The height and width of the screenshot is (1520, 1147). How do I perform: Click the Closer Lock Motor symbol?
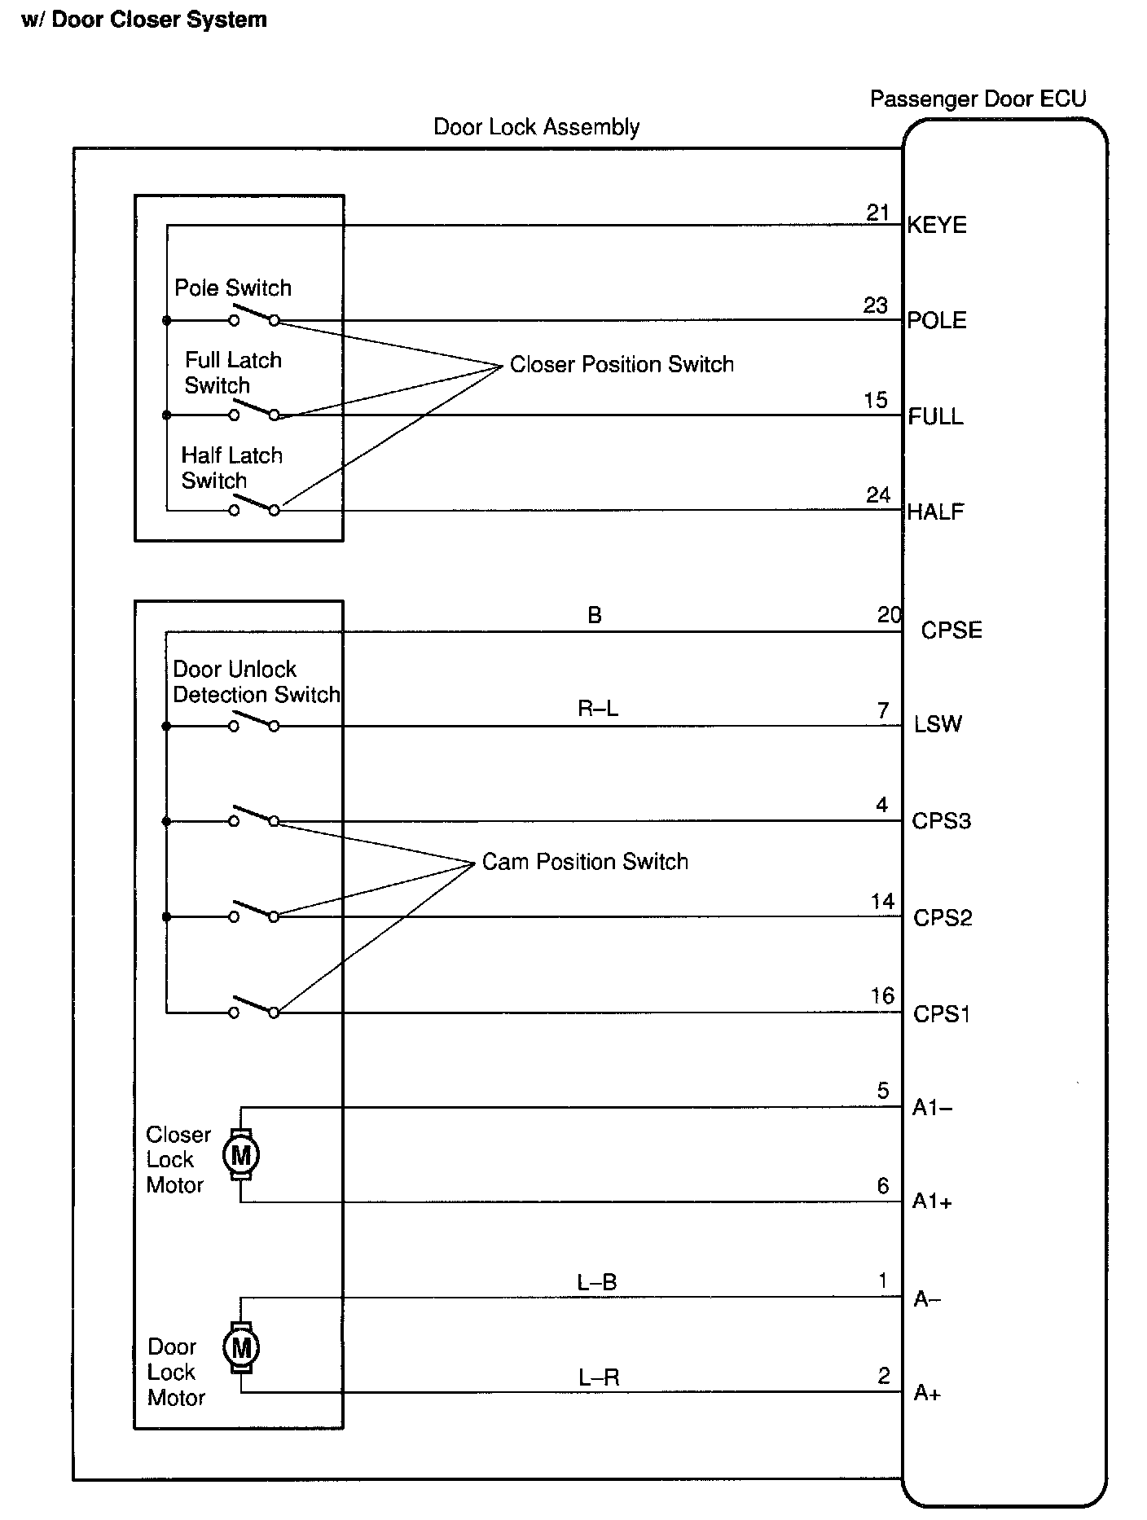pyautogui.click(x=241, y=1154)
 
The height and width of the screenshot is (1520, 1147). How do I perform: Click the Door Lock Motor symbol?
pyautogui.click(x=241, y=1347)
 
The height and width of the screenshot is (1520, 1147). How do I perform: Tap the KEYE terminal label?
pyautogui.click(x=937, y=226)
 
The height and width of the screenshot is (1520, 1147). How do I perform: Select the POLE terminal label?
pyautogui.click(x=937, y=320)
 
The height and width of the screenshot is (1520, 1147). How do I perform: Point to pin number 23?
pyautogui.click(x=876, y=305)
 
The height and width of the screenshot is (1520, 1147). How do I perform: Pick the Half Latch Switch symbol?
pyautogui.click(x=254, y=507)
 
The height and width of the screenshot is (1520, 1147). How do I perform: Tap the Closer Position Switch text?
pyautogui.click(x=622, y=365)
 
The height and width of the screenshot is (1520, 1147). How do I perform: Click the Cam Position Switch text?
pyautogui.click(x=585, y=862)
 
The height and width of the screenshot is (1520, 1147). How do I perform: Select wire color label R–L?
pyautogui.click(x=598, y=709)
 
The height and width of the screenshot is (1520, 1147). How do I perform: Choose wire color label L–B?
pyautogui.click(x=597, y=1283)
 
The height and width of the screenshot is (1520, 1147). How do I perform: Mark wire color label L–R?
pyautogui.click(x=599, y=1378)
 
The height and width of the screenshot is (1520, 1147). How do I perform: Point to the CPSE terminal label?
pyautogui.click(x=951, y=630)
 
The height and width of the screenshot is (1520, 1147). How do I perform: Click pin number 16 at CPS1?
pyautogui.click(x=882, y=996)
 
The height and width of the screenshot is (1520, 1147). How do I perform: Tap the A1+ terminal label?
pyautogui.click(x=933, y=1202)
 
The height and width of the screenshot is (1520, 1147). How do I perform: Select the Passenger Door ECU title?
pyautogui.click(x=978, y=99)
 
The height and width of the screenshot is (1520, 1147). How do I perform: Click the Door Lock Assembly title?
pyautogui.click(x=536, y=127)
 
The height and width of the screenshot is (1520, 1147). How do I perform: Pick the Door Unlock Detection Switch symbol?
pyautogui.click(x=254, y=722)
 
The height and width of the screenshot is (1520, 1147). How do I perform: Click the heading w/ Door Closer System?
pyautogui.click(x=144, y=20)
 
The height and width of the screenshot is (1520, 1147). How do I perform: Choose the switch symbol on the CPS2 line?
pyautogui.click(x=254, y=912)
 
